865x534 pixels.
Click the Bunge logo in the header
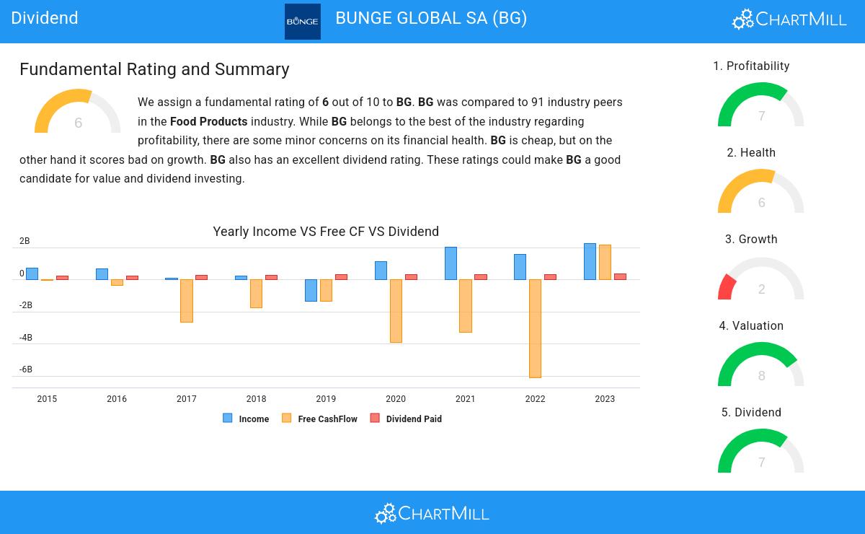pos(303,22)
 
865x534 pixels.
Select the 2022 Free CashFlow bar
pos(535,328)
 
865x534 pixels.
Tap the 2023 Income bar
pos(590,261)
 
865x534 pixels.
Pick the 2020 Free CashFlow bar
pos(396,310)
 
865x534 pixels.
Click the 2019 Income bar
pos(311,290)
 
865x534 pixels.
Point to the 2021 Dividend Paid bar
pos(481,276)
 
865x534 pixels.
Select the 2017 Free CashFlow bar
pos(187,300)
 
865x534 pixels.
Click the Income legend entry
pos(247,419)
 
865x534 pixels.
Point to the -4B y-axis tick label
pos(25,338)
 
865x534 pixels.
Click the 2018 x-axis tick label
pos(256,399)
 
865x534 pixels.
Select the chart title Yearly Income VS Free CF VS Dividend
pos(326,232)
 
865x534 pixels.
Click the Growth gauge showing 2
pos(761,281)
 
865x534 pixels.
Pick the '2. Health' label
pos(751,153)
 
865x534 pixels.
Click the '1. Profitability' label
pos(751,66)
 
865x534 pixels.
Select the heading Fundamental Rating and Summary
pos(154,69)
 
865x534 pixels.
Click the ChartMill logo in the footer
pos(432,513)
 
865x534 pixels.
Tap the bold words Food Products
pos(208,122)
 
